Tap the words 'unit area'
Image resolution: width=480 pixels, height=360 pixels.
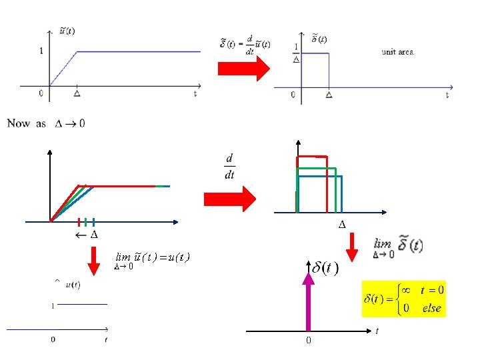pos(397,51)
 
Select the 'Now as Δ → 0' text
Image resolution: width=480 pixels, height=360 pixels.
pos(46,123)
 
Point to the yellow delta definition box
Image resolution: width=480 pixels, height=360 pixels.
pos(403,299)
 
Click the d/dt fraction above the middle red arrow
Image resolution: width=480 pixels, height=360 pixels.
pos(230,167)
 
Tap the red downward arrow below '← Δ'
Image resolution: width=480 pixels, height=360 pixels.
pos(94,259)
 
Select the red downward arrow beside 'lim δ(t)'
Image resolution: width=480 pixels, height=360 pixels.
pos(354,245)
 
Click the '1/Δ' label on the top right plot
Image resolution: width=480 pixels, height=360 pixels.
pos(296,53)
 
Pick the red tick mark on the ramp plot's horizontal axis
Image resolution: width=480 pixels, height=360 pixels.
pos(79,222)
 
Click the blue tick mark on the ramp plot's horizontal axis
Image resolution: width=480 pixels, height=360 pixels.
pos(94,222)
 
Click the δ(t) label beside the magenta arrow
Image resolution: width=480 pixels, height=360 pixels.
pos(325,268)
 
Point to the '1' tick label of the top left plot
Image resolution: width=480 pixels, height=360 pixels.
pos(41,51)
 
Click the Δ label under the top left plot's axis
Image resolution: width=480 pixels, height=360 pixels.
pos(77,95)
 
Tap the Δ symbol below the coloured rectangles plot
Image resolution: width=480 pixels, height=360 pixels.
pos(342,223)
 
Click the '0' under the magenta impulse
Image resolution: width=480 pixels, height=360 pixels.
pos(308,340)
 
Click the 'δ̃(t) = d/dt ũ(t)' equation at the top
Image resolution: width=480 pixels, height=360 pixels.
pos(245,45)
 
